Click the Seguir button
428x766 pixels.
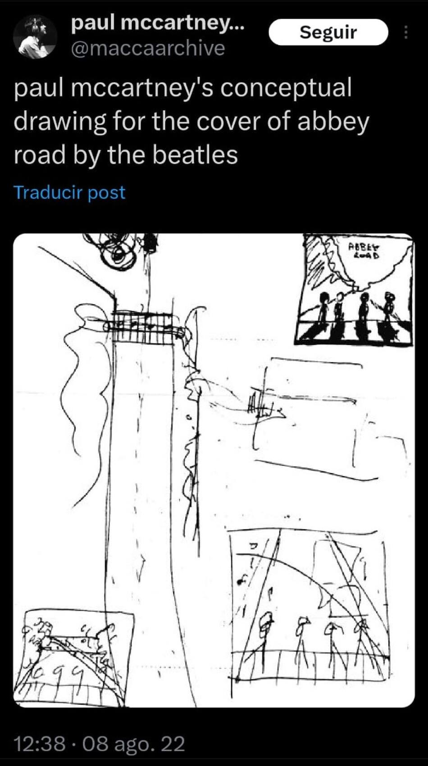(x=328, y=32)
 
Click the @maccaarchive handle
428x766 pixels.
(x=148, y=48)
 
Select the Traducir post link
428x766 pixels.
(x=69, y=192)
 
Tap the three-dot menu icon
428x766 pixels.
(x=405, y=32)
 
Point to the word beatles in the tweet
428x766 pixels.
(x=195, y=155)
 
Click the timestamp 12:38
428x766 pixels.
(x=40, y=743)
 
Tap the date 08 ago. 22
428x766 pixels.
(x=134, y=743)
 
